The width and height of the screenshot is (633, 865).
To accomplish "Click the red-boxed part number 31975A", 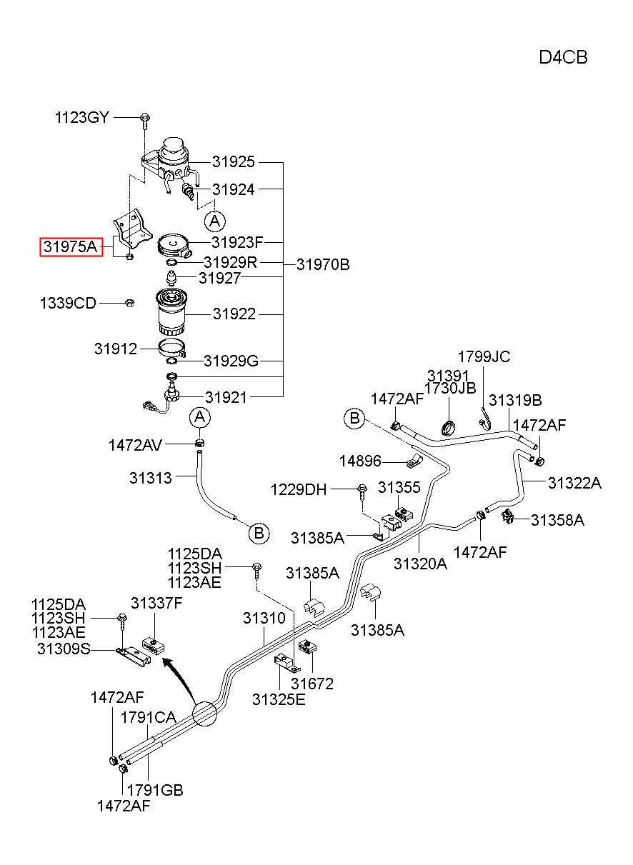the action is pyautogui.click(x=71, y=246).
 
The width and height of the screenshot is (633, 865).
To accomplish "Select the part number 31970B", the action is pyautogui.click(x=323, y=265).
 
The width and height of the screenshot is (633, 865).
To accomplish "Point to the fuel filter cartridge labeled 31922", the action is pyautogui.click(x=171, y=312).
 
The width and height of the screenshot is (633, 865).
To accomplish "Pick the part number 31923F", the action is pyautogui.click(x=237, y=243).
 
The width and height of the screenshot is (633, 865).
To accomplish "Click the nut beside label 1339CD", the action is pyautogui.click(x=130, y=303).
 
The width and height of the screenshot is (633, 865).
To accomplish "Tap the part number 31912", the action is pyautogui.click(x=116, y=349).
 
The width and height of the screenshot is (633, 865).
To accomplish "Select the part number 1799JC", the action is pyautogui.click(x=484, y=357).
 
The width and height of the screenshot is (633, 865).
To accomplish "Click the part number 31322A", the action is pyautogui.click(x=574, y=483).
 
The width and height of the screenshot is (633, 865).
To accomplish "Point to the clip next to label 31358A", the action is pyautogui.click(x=507, y=516).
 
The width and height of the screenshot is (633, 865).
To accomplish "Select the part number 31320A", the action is pyautogui.click(x=420, y=564).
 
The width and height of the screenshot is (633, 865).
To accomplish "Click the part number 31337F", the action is pyautogui.click(x=156, y=603).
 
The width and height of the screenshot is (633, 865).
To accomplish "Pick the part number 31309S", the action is pyautogui.click(x=64, y=649).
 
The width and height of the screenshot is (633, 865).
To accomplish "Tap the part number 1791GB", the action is pyautogui.click(x=155, y=790).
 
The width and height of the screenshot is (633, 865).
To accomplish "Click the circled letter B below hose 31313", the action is pyautogui.click(x=259, y=534).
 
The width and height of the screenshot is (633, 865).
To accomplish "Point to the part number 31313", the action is pyautogui.click(x=151, y=478).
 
